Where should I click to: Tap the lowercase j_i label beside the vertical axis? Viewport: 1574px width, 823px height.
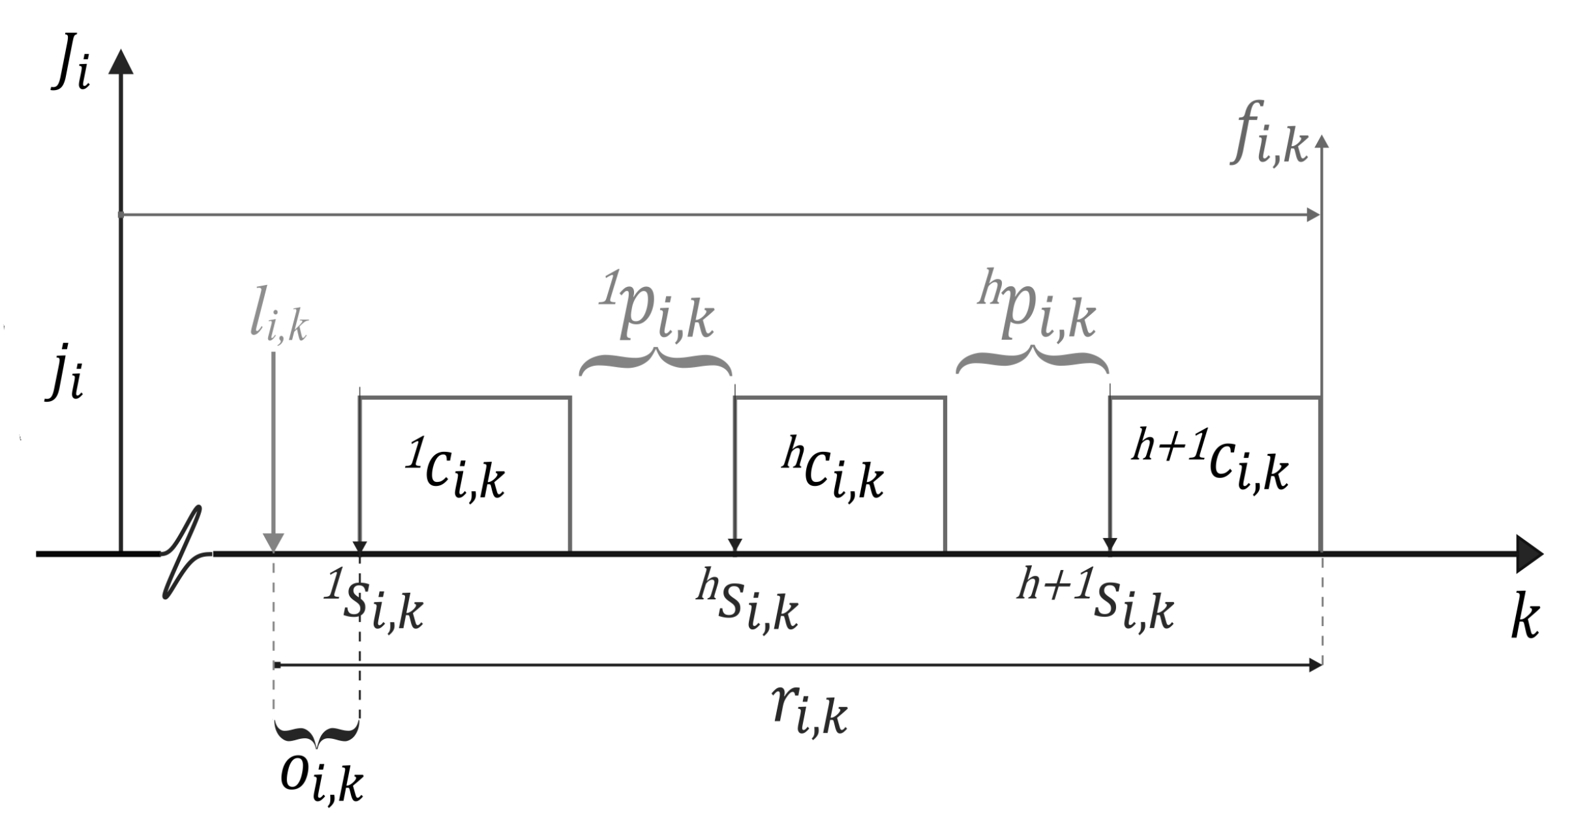pyautogui.click(x=65, y=380)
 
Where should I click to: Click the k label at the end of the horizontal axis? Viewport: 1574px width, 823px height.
pyautogui.click(x=1525, y=620)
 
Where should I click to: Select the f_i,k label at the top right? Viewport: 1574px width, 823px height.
pyautogui.click(x=1269, y=135)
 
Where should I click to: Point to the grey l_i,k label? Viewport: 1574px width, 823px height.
pyautogui.click(x=279, y=320)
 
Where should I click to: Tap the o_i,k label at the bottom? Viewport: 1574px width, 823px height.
pyautogui.click(x=321, y=778)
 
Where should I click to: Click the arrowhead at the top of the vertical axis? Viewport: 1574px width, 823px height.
pyautogui.click(x=120, y=61)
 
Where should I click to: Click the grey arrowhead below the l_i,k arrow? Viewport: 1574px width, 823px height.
pyautogui.click(x=273, y=542)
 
